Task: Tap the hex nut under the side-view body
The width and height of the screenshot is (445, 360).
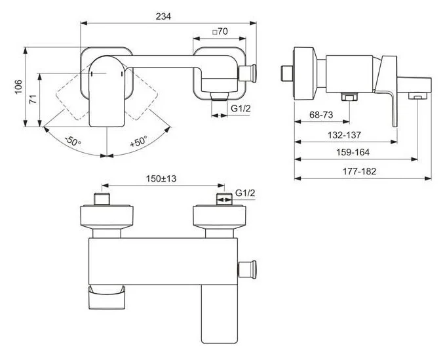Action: [347, 98]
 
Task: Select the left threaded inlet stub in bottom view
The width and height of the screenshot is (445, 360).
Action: [103, 199]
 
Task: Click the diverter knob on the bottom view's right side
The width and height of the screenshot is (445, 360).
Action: [248, 268]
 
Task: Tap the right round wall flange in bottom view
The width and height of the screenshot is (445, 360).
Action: [220, 216]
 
